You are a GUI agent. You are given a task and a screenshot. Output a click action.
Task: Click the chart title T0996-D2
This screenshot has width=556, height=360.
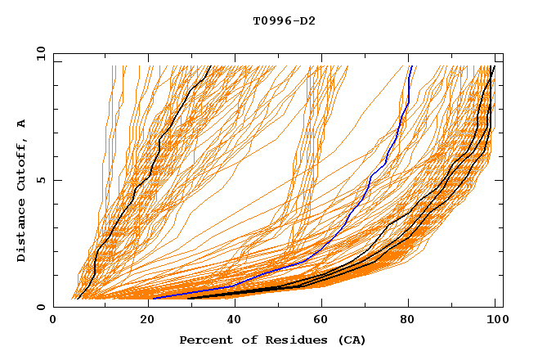(284, 20)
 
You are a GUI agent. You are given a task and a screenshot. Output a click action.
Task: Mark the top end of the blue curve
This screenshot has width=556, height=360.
(410, 66)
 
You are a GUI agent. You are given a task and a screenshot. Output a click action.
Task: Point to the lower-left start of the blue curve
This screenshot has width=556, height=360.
(153, 298)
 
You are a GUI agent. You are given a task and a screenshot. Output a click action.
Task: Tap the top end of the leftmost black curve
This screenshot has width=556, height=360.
(210, 66)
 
